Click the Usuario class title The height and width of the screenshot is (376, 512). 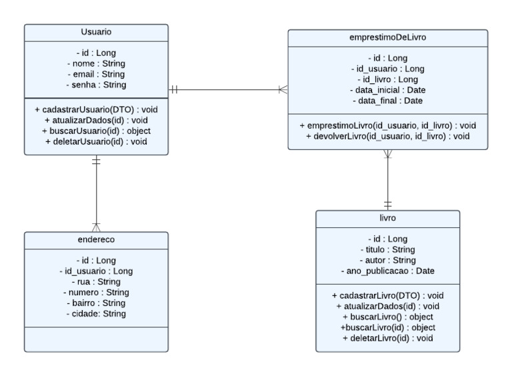pos(96,31)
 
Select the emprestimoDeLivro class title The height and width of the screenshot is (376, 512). pos(387,38)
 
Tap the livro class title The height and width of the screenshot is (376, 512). pos(387,218)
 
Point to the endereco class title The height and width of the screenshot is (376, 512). pos(96,239)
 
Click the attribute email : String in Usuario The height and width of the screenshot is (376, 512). pos(96,74)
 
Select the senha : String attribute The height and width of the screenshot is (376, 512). pos(96,85)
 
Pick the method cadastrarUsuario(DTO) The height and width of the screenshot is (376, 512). pos(96,109)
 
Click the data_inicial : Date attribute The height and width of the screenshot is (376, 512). pos(387,90)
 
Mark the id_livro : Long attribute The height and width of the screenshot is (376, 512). pos(387,79)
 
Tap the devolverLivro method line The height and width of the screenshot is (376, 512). pos(387,136)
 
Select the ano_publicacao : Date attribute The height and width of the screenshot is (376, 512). pos(387,271)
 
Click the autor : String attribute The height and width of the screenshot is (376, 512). pos(387,261)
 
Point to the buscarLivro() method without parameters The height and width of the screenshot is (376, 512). pos(387,317)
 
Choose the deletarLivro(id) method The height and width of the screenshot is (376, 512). pos(387,338)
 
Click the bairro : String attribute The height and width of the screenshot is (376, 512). pos(96,303)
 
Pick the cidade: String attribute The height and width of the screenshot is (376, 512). pos(96,314)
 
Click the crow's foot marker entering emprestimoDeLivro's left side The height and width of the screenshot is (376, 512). pos(283,89)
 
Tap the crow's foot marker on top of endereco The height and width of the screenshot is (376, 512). pos(96,227)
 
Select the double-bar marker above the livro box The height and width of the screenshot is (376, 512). pos(387,204)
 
